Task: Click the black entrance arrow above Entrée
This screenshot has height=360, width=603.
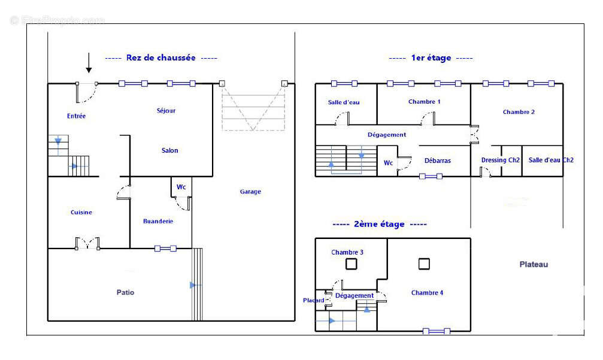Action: (x=89, y=62)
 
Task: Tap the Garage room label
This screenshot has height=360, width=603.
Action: (x=250, y=192)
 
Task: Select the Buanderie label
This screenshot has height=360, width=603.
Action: (x=158, y=221)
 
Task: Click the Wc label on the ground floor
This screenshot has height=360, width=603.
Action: (x=181, y=187)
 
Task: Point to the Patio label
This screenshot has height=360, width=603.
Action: (x=125, y=292)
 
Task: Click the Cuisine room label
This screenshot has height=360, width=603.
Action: (x=81, y=212)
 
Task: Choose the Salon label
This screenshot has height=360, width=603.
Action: (x=169, y=150)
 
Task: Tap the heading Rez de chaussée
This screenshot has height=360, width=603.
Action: (x=160, y=58)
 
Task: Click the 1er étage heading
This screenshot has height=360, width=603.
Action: (x=431, y=58)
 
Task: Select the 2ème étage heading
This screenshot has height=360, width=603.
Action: (x=380, y=224)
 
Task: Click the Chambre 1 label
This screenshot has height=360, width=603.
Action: (x=425, y=101)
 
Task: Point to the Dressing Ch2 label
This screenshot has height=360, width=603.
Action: (x=501, y=160)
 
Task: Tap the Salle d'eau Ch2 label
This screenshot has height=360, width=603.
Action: (x=551, y=160)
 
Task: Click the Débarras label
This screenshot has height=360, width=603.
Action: (x=438, y=161)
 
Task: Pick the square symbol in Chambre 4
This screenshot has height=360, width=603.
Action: (x=424, y=263)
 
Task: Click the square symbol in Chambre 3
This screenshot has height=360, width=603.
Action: (x=352, y=264)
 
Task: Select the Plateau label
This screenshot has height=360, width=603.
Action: (x=534, y=264)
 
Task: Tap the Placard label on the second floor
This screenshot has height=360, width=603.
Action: (x=314, y=300)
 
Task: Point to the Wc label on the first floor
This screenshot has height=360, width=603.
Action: (x=388, y=162)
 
